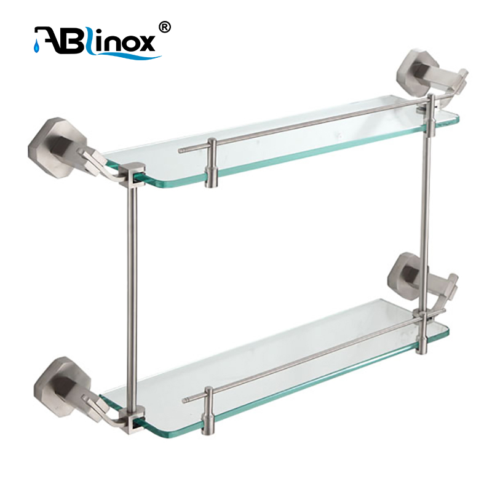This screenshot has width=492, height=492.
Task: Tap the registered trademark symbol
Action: click(165, 28)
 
